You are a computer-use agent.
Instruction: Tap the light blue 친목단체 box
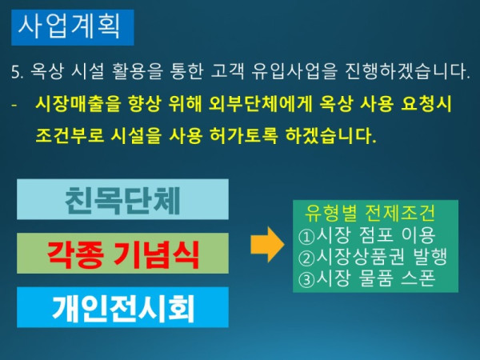coord(122,199)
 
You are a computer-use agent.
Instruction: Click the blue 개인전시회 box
coord(122,306)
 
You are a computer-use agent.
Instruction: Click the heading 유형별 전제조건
coord(370,214)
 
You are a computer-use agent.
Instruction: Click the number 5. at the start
coord(17,72)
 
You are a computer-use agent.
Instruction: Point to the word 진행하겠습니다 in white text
coord(410,72)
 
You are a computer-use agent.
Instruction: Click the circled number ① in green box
coord(306,235)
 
